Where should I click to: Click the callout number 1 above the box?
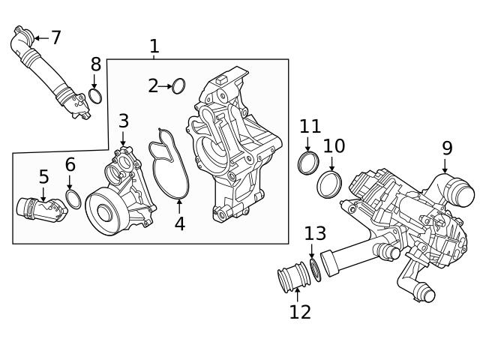click(x=154, y=46)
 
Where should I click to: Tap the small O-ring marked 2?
click(x=178, y=86)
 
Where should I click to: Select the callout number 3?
click(x=124, y=120)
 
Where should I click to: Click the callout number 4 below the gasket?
click(x=180, y=223)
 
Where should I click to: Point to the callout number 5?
click(x=43, y=177)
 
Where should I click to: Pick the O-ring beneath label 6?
click(x=73, y=199)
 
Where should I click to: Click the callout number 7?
click(x=55, y=37)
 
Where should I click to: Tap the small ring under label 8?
click(x=95, y=95)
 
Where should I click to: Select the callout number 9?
click(x=447, y=148)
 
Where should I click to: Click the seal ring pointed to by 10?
click(x=329, y=184)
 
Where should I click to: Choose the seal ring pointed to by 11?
click(x=307, y=163)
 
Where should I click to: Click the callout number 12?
click(x=300, y=312)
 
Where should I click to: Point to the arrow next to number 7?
click(x=40, y=37)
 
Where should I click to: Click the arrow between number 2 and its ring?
click(x=166, y=86)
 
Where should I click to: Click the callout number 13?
click(x=315, y=233)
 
